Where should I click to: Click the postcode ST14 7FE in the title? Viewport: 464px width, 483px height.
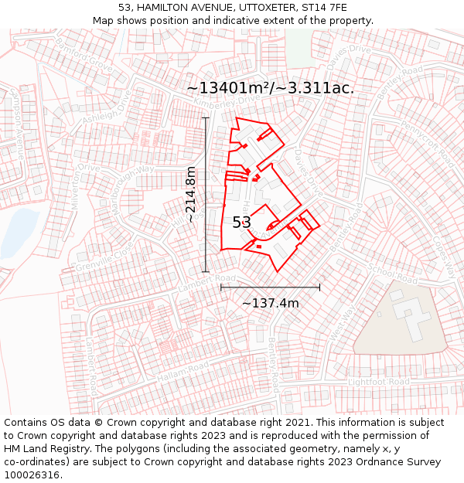(328, 7)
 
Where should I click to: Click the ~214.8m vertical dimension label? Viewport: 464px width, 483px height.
(191, 194)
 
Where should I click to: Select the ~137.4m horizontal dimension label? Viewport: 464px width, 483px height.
(270, 303)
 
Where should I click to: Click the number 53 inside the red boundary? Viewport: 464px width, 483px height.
(241, 223)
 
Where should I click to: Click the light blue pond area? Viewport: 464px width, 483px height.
(18, 232)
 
